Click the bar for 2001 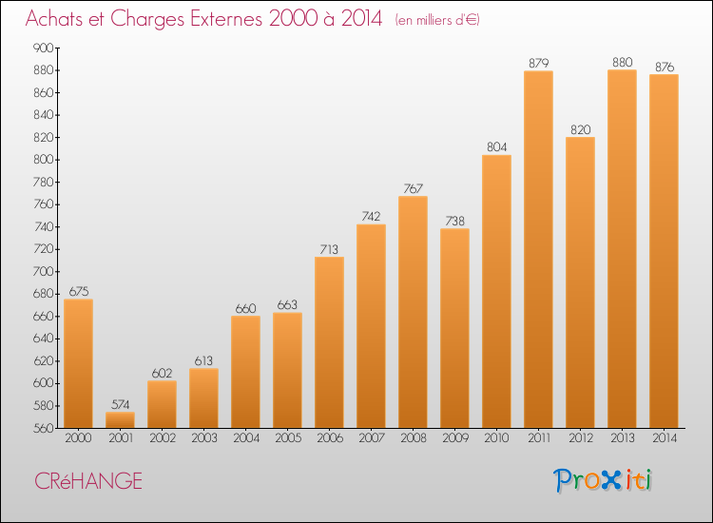click(x=120, y=419)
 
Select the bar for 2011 click(x=538, y=249)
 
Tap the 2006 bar click(x=329, y=342)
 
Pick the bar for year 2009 click(x=454, y=328)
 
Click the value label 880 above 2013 click(x=623, y=62)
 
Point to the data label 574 click(x=121, y=404)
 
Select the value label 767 click(x=414, y=188)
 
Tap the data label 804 click(x=496, y=146)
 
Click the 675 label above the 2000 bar click(x=79, y=291)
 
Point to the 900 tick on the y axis click(x=44, y=48)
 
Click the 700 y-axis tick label click(x=44, y=272)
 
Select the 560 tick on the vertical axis click(x=44, y=428)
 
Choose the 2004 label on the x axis click(x=246, y=438)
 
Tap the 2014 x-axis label click(x=665, y=438)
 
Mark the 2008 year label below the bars click(x=414, y=438)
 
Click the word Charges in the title click(x=148, y=19)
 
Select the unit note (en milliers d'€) click(x=437, y=20)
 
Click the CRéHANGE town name click(x=88, y=481)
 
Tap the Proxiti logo click(x=603, y=480)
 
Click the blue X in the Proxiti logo click(x=611, y=480)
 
